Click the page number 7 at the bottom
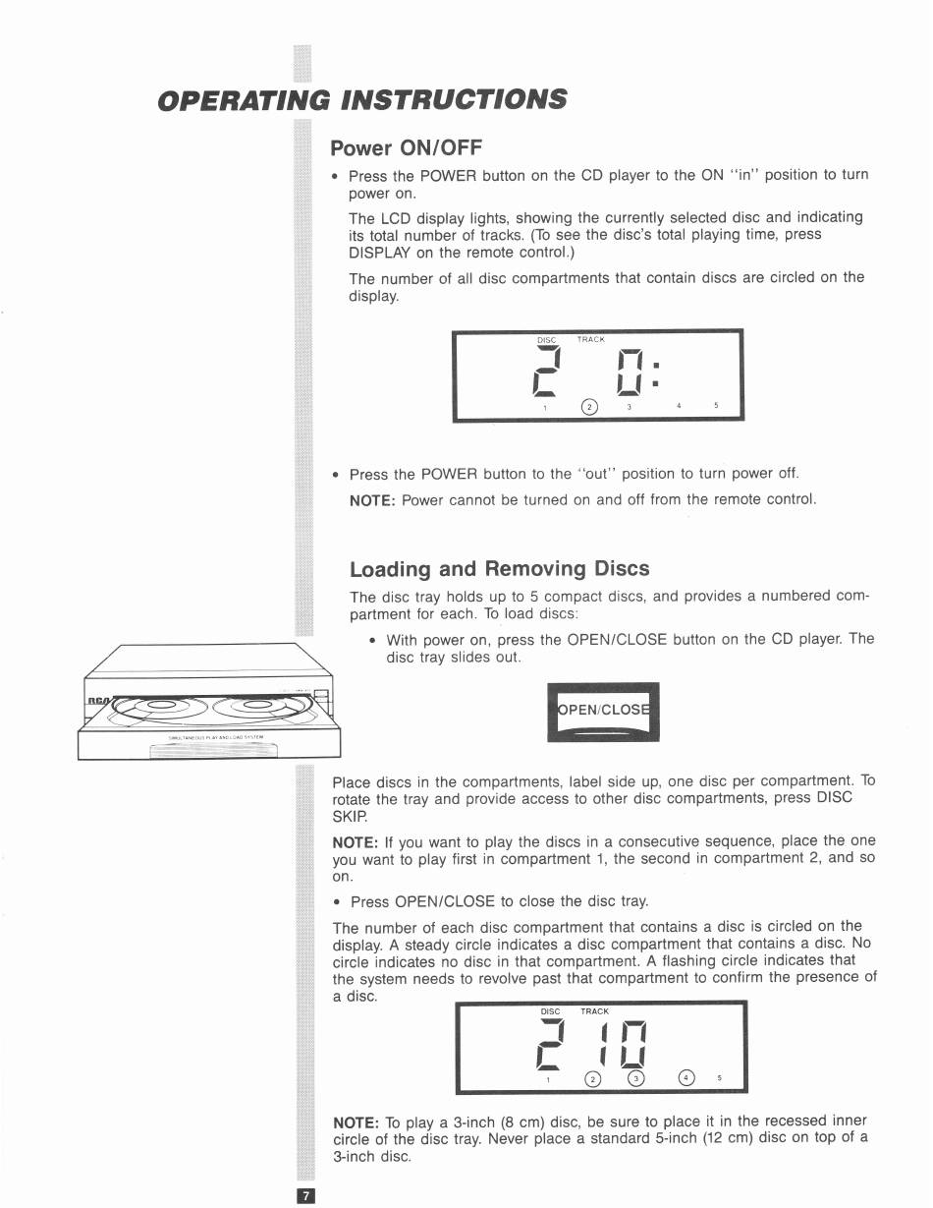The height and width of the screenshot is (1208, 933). tap(306, 1196)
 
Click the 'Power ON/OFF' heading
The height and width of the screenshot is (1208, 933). tap(406, 147)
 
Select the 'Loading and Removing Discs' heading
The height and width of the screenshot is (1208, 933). tap(499, 569)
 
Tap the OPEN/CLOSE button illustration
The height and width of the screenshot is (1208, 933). tap(604, 712)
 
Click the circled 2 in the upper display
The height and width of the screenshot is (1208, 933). tap(589, 407)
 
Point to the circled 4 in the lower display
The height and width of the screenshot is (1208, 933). tap(686, 1077)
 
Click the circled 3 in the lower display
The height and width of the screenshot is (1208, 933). tap(635, 1078)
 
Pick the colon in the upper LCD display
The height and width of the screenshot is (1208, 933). tap(656, 374)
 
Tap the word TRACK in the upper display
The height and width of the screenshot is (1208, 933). tap(591, 339)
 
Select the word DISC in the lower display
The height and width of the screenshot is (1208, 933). tap(550, 1011)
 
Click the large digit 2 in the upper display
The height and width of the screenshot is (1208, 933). tap(547, 372)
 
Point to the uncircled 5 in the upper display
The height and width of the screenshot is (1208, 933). tap(716, 405)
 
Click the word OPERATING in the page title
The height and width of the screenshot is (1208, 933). tap(244, 100)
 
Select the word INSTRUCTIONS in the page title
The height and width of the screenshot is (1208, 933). tap(455, 99)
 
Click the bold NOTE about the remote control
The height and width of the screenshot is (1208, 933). tap(372, 500)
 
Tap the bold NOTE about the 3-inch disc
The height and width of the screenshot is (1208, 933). tap(356, 1122)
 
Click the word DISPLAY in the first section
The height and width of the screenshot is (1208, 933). tap(380, 253)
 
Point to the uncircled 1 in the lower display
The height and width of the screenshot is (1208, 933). tap(548, 1079)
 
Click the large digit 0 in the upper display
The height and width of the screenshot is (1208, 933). tap(630, 372)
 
